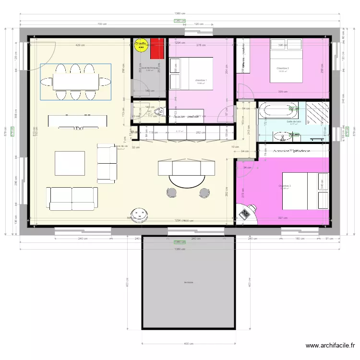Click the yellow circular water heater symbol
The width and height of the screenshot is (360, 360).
click(141, 45)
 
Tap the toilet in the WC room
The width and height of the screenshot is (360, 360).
click(160, 112)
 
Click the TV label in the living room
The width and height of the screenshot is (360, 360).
click(77, 128)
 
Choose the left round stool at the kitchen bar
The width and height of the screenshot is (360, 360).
click(172, 193)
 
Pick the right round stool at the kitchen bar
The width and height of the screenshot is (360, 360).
click(205, 193)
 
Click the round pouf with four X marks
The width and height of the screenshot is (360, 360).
click(140, 215)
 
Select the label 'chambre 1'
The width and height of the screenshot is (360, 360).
click(200, 80)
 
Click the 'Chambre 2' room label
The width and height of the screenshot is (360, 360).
click(283, 68)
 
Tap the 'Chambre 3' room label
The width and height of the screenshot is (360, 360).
click(285, 186)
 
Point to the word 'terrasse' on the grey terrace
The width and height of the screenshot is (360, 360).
click(188, 282)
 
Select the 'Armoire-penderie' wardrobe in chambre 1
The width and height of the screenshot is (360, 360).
click(187, 116)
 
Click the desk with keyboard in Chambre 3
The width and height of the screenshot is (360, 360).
click(246, 213)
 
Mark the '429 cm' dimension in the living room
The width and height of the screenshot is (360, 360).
click(80, 45)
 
